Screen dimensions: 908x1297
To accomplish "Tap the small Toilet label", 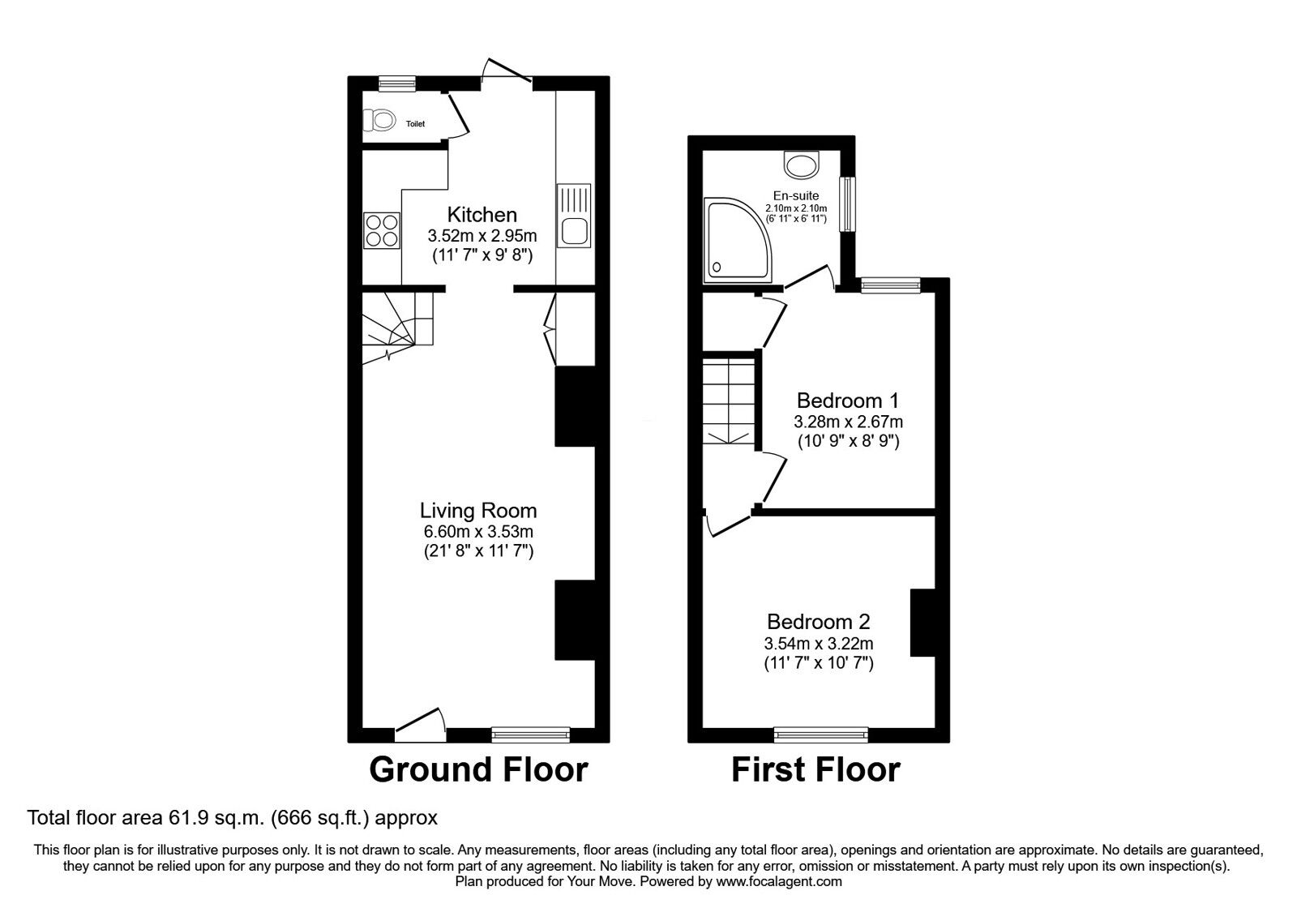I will pos(415,124).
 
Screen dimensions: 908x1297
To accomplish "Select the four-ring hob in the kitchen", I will pos(383,229).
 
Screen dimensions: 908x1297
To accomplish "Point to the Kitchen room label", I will pos(482,215).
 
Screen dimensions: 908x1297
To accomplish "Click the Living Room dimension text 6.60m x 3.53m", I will pos(478,532).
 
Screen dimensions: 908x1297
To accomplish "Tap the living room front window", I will pos(530,735).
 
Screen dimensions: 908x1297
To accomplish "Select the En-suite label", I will pos(795,195).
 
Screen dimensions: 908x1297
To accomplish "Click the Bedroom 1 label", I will pos(848,400).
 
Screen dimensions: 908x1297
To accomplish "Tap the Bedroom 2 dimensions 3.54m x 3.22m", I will pos(819,644).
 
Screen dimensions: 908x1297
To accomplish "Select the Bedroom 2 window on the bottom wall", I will pos(820,735).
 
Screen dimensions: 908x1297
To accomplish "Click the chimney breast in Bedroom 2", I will pos(922,622).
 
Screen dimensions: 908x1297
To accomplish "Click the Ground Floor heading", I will pos(478,769).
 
